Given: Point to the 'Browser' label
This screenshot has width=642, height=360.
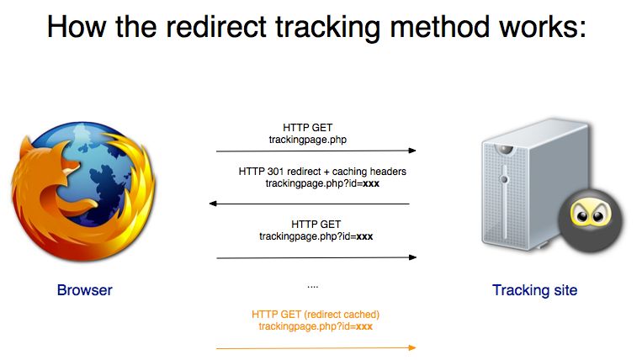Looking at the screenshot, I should (84, 291).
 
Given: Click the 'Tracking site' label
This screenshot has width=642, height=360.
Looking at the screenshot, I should (535, 291).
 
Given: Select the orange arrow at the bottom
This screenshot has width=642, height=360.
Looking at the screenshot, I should (316, 347).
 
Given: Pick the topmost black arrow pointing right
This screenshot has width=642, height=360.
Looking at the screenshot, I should (316, 151).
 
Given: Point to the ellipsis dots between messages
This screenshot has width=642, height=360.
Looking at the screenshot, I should (312, 286).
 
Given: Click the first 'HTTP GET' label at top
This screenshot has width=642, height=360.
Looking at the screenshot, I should (308, 127).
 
